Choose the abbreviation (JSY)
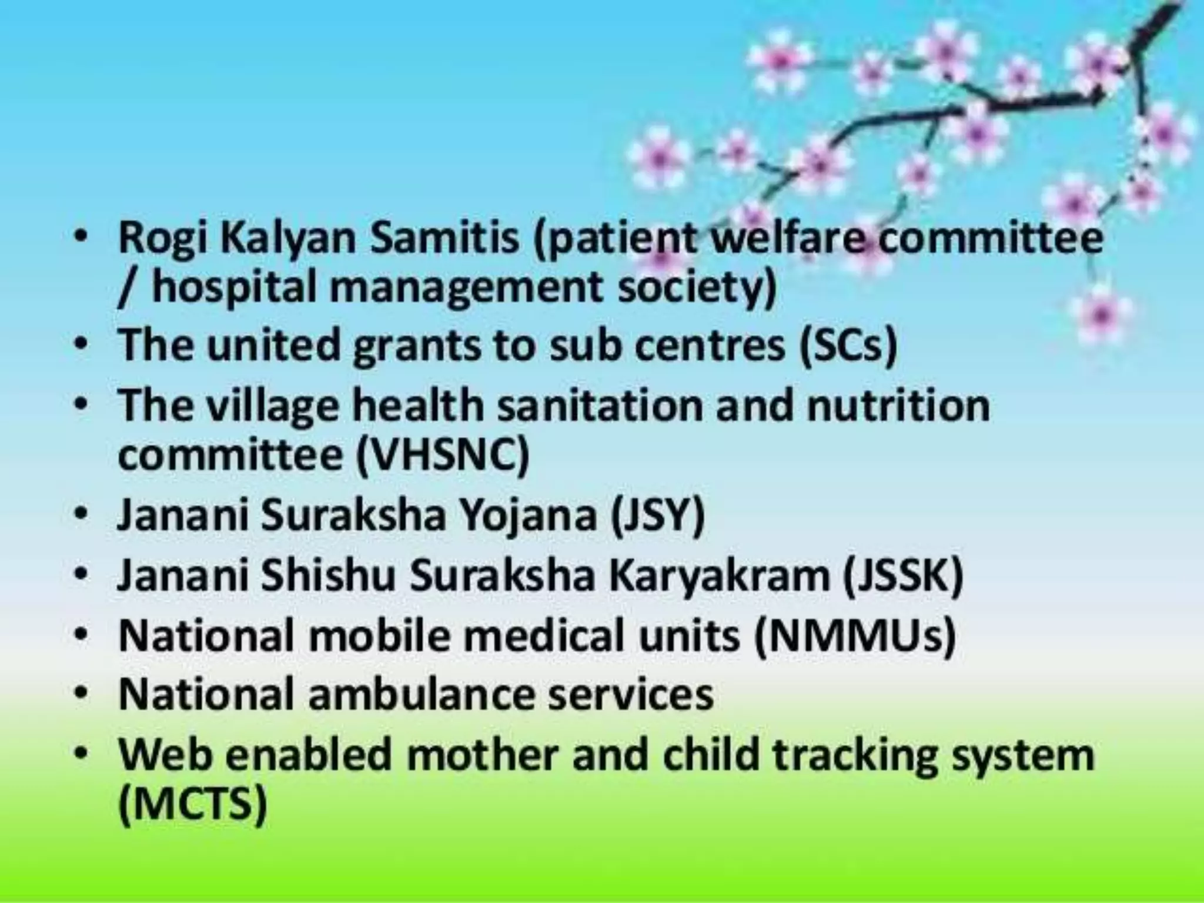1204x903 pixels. coord(657,516)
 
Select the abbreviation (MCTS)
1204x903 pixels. coord(193,805)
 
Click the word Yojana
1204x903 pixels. coord(528,516)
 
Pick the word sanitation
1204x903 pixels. coord(600,406)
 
